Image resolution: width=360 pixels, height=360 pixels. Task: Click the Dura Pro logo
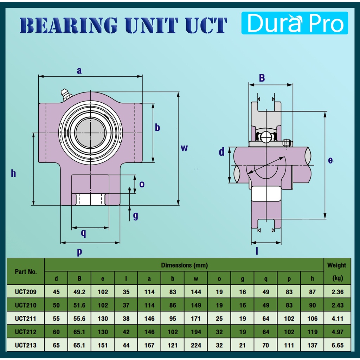pos(295,23)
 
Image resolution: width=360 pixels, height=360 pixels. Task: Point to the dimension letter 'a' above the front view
pos(79,71)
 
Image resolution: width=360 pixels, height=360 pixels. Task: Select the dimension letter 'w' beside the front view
pos(184,148)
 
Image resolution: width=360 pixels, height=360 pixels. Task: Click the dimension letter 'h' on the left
pos(14,173)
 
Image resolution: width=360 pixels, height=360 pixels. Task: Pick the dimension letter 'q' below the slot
pos(84,233)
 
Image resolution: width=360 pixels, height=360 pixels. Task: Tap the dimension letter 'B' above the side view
pos(262,78)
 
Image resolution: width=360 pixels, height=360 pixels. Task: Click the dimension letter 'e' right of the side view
pos(330,160)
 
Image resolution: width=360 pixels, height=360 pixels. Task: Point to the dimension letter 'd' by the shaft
pos(221,152)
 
